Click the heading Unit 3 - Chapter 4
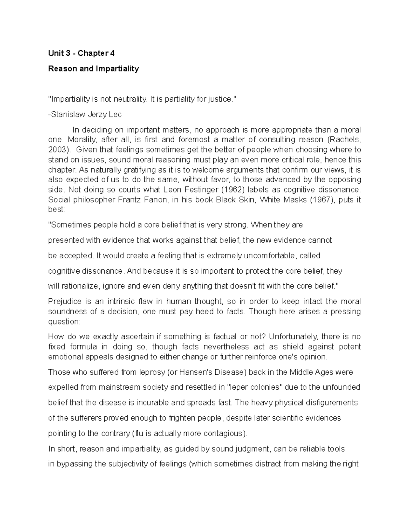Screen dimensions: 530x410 81,53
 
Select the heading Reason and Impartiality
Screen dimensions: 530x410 93,69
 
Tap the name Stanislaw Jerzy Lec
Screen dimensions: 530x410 85,115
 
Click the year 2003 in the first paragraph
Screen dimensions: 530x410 57,149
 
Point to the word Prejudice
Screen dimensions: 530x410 65,302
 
